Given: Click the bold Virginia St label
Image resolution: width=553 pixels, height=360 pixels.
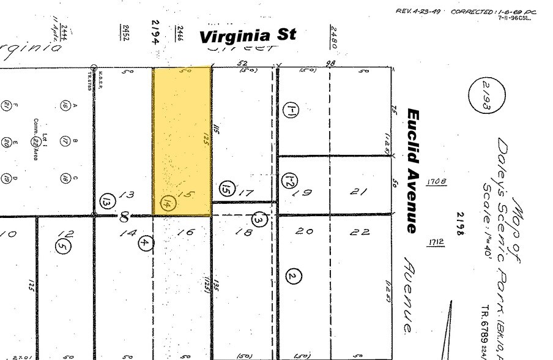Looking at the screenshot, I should (248, 36).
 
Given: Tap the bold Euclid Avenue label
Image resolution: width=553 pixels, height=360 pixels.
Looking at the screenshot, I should (414, 171).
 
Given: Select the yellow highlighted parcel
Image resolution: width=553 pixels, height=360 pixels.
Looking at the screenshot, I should (182, 141).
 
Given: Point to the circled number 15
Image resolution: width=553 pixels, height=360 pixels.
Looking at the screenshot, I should (228, 189).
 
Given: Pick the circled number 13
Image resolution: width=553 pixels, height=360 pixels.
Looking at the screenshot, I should (106, 201).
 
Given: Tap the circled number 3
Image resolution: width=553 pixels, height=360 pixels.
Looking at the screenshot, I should (260, 219).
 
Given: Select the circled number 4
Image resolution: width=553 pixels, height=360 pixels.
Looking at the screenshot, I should (145, 242).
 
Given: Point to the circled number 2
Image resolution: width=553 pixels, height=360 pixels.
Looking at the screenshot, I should (294, 277).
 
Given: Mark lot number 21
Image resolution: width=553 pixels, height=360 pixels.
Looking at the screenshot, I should (359, 192).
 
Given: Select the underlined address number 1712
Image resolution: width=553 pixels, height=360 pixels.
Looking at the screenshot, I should (436, 242).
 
